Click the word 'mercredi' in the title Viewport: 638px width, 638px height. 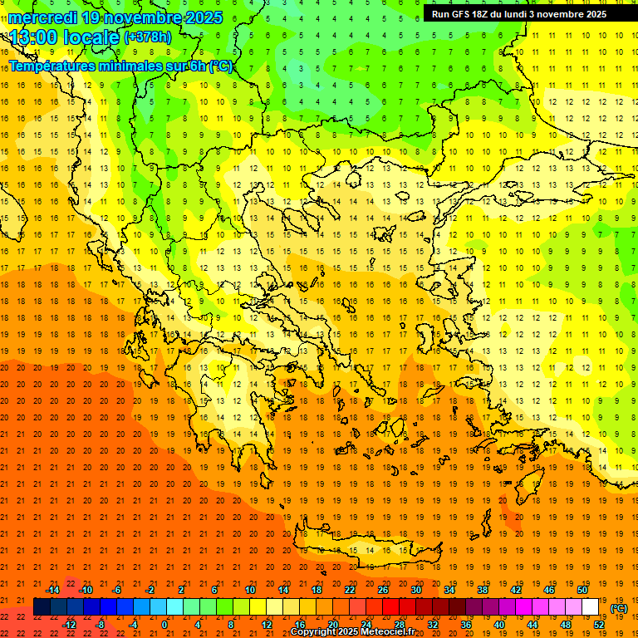point(44,17)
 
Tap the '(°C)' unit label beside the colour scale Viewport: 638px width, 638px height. point(619,608)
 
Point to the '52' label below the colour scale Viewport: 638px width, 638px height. point(599,625)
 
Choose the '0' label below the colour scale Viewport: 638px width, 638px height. point(164,625)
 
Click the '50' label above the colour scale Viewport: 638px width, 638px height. point(582,590)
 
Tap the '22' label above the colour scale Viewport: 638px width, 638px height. point(350,590)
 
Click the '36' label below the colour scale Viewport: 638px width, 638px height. point(466,625)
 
